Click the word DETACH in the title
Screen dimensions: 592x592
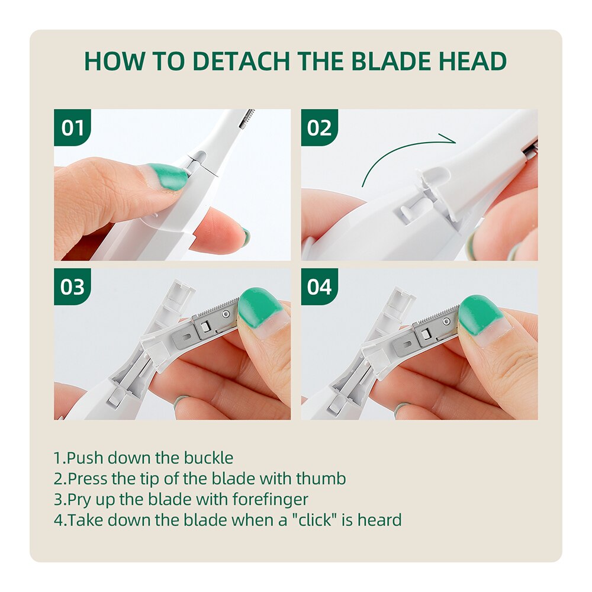click(x=242, y=61)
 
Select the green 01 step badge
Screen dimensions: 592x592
click(x=72, y=128)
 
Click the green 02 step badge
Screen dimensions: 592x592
click(x=320, y=128)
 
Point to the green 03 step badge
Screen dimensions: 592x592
click(x=72, y=287)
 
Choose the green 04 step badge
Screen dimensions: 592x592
click(x=320, y=287)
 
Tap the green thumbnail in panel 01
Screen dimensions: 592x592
click(x=168, y=176)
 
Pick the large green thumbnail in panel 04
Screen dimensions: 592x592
click(x=480, y=314)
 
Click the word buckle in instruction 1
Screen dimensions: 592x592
click(x=208, y=458)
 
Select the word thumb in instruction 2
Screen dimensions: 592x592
click(x=321, y=479)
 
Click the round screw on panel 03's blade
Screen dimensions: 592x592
click(x=226, y=314)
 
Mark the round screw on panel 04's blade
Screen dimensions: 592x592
click(x=446, y=321)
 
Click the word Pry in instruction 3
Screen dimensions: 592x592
click(x=79, y=500)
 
